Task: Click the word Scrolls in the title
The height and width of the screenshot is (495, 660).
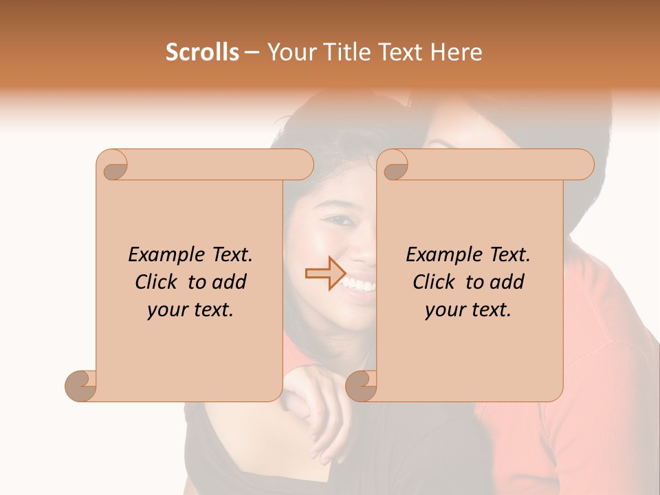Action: tap(202, 52)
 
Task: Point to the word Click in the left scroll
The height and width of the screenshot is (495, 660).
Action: tap(157, 283)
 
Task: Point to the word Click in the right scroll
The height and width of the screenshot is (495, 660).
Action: tap(434, 283)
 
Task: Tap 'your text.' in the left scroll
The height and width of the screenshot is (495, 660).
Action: tap(190, 310)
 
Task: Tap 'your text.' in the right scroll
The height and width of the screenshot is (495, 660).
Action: tap(468, 310)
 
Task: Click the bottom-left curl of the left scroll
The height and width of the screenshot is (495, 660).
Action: tap(81, 386)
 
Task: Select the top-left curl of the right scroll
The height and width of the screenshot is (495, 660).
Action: tap(394, 166)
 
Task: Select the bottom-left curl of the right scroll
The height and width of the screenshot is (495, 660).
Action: tap(361, 386)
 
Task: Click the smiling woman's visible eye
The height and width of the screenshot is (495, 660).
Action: tap(338, 221)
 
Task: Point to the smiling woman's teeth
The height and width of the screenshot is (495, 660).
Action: tap(359, 283)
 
